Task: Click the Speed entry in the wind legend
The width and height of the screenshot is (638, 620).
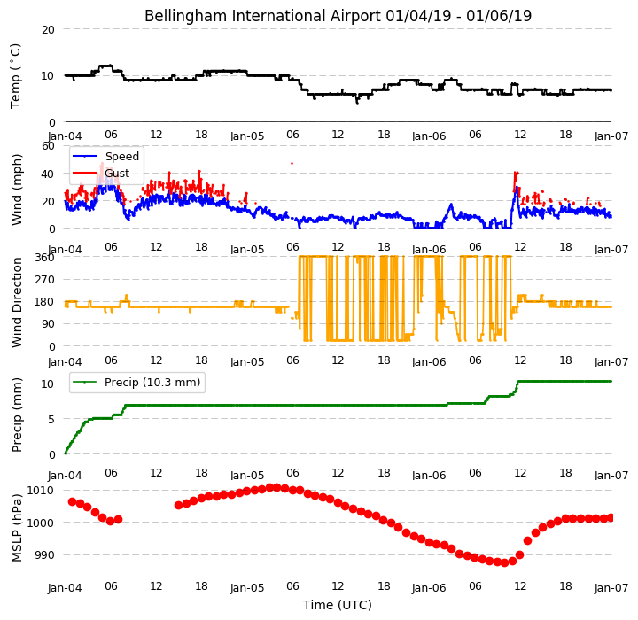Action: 122,156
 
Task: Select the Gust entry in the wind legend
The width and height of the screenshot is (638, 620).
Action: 117,174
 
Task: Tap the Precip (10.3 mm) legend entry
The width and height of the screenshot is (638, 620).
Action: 152,383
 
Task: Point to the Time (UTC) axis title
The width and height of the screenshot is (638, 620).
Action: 338,605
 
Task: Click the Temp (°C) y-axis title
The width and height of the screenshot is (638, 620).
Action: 15,76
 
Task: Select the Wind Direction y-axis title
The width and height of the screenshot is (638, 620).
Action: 17,302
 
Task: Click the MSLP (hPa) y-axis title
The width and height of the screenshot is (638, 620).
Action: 17,528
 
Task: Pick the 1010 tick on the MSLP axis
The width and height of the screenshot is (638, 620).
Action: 40,490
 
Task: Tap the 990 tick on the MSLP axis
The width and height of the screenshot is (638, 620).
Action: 44,555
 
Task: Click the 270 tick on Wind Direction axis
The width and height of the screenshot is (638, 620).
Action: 44,280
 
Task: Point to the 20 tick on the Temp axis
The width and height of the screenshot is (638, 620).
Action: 48,30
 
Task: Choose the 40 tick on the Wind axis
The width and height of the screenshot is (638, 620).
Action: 48,174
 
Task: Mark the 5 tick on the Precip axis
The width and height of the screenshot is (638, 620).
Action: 51,420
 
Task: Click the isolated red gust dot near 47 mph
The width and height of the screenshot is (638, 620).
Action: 292,164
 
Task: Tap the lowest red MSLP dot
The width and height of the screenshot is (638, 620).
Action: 504,563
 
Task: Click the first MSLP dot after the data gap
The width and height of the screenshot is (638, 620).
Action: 179,505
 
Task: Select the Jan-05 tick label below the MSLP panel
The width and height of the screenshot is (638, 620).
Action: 247,588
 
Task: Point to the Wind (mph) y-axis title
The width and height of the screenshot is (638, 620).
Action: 17,190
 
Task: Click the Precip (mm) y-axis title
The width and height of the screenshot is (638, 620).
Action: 17,415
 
